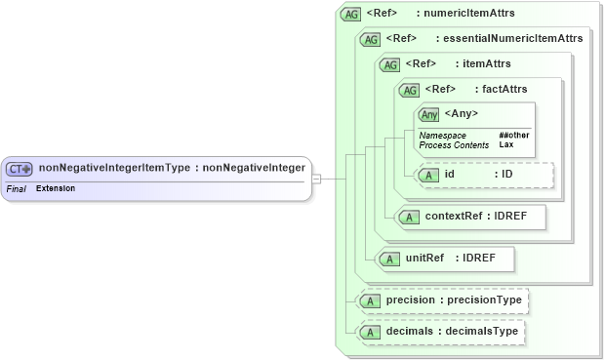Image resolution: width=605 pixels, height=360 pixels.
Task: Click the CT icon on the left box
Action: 20,169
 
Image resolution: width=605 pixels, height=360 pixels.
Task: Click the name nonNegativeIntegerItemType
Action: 114,168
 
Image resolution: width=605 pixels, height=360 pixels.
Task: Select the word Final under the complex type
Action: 16,187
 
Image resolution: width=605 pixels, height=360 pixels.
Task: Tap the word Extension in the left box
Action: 56,187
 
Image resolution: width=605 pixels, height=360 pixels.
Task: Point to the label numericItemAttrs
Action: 477,14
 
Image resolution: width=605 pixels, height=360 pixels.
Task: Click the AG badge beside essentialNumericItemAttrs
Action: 371,39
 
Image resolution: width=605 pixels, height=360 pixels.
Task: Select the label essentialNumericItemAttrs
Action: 512,39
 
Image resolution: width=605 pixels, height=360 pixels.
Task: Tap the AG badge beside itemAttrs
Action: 390,64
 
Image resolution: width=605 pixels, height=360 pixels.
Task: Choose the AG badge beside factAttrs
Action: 408,90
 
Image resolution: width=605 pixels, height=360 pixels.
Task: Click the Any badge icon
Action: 429,114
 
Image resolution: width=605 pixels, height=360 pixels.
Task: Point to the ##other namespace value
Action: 513,135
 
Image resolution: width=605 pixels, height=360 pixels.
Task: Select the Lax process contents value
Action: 506,144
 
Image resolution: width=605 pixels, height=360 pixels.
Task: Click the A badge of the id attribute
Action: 428,175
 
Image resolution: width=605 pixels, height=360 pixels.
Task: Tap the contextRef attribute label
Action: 455,216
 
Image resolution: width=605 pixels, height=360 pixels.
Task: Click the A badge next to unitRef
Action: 389,259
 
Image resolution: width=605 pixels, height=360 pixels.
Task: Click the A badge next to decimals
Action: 370,332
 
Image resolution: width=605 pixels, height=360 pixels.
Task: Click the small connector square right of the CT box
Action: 316,179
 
